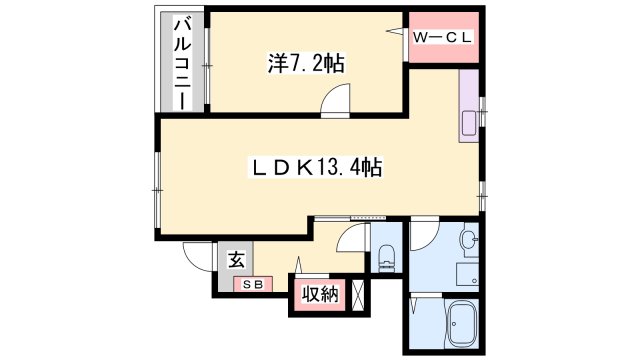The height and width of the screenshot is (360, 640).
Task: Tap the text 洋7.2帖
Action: [306, 64]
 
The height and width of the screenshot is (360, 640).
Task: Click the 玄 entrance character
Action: [236, 260]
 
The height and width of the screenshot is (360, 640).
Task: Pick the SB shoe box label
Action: [250, 285]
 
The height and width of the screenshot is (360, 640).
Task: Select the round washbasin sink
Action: [466, 241]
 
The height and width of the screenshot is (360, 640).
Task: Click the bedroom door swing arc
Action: [336, 96]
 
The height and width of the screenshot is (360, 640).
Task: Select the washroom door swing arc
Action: [422, 236]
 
